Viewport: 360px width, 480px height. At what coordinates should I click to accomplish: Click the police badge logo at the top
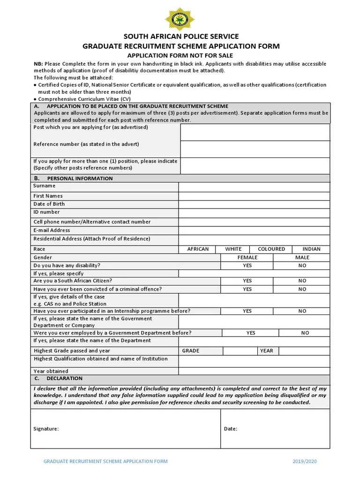180,19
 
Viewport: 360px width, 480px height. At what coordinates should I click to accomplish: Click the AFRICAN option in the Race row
198,249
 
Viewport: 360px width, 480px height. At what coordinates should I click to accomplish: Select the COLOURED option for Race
271,249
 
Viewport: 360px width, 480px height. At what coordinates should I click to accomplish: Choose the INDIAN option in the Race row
311,249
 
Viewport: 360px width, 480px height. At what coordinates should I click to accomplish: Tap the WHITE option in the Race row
233,249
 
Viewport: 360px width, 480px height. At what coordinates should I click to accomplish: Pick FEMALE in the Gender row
247,257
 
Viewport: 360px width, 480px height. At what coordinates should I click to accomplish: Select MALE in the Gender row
302,257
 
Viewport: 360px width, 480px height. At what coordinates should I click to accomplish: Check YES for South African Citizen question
247,281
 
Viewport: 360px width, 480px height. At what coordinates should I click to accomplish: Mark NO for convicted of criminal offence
302,289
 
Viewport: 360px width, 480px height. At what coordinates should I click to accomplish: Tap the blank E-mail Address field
254,231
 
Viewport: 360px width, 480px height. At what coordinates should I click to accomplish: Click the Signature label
46,428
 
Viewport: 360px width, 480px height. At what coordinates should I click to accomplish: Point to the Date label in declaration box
230,428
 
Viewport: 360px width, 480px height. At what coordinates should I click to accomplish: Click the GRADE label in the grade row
191,351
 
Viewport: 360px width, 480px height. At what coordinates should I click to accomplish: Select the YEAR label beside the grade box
266,351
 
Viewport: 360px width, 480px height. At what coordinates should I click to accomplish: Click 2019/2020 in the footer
305,461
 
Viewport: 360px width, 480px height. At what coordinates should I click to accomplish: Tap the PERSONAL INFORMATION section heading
80,179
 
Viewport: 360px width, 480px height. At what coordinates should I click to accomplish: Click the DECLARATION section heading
64,378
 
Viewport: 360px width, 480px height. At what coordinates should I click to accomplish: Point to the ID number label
46,212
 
